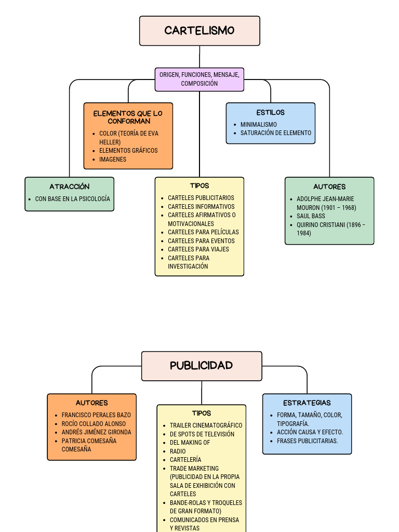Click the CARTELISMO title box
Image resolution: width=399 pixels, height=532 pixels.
pos(199,31)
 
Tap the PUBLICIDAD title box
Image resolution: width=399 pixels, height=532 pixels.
pos(202,366)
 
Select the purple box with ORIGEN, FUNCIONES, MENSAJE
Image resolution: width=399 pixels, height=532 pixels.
pos(199,79)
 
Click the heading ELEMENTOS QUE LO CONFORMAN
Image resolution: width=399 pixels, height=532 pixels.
pos(128,117)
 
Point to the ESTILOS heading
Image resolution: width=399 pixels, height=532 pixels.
pos(270,112)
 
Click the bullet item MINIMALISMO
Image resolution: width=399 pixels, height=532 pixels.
pos(258,125)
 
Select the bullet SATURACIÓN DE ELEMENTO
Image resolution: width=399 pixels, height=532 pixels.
pos(275,133)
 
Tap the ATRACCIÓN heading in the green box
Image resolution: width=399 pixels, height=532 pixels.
pos(70,187)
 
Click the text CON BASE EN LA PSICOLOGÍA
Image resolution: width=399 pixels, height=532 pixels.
pos(72,199)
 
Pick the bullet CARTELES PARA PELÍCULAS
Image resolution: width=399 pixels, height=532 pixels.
pos(203,232)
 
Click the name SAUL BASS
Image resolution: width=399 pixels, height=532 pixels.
pos(311,216)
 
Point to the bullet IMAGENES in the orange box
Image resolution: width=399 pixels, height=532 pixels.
pos(113,159)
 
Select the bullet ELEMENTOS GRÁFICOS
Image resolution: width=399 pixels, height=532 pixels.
pos(128,151)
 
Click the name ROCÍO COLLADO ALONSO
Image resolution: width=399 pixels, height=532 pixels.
pos(94,424)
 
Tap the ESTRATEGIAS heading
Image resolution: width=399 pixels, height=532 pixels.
pos(307,403)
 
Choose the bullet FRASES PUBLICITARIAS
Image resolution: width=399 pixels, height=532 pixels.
pos(307,441)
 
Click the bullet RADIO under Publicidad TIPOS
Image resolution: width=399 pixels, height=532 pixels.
pos(178,451)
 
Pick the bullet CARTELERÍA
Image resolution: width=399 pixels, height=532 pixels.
pos(185,460)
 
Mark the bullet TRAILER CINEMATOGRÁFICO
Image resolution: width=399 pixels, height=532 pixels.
pos(206,425)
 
